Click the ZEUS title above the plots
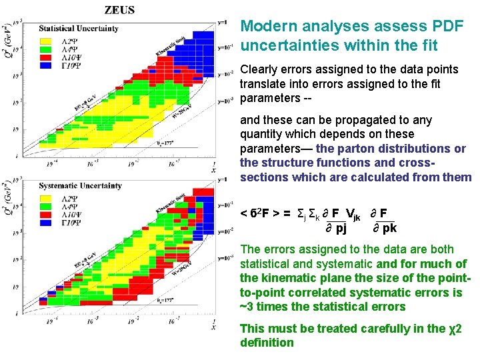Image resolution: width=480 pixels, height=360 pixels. click(119, 10)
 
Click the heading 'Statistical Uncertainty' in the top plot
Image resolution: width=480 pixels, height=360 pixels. click(79, 29)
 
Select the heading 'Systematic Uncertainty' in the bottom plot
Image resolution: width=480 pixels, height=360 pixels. click(80, 185)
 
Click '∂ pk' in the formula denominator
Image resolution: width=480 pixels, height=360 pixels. click(383, 228)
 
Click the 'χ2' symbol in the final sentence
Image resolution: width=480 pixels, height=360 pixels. click(455, 328)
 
